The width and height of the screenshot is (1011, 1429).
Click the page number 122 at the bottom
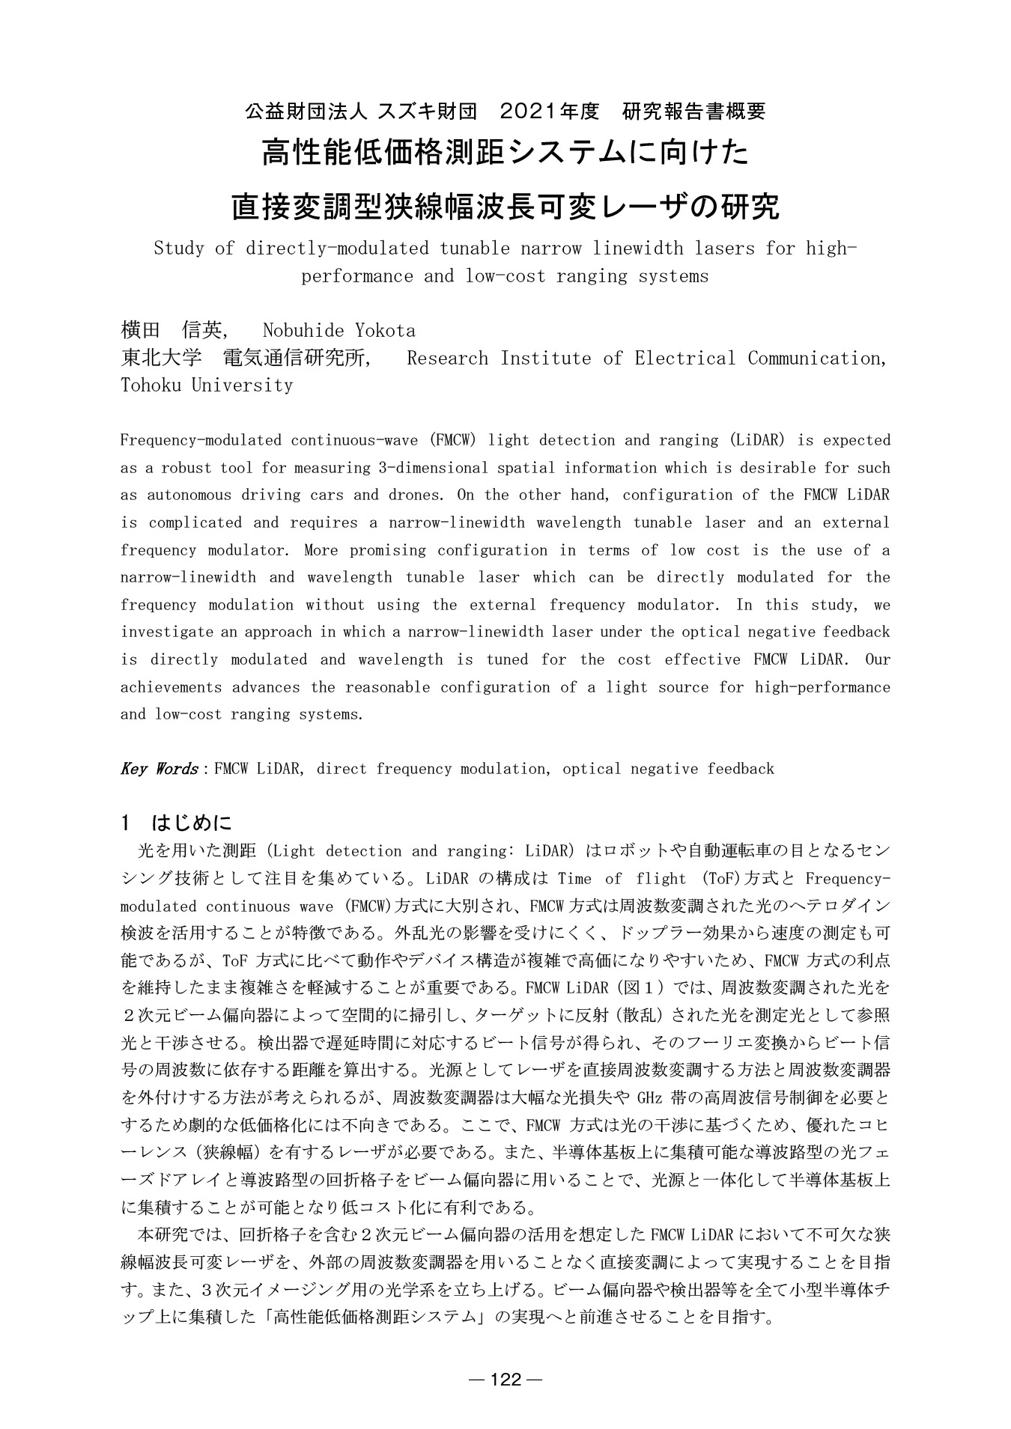click(506, 1380)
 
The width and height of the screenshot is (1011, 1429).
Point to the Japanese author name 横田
click(141, 330)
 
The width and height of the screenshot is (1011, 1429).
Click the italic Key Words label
click(159, 769)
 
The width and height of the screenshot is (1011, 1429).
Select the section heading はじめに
click(192, 823)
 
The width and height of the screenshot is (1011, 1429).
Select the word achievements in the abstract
click(171, 687)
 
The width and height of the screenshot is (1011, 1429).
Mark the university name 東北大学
click(161, 358)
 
